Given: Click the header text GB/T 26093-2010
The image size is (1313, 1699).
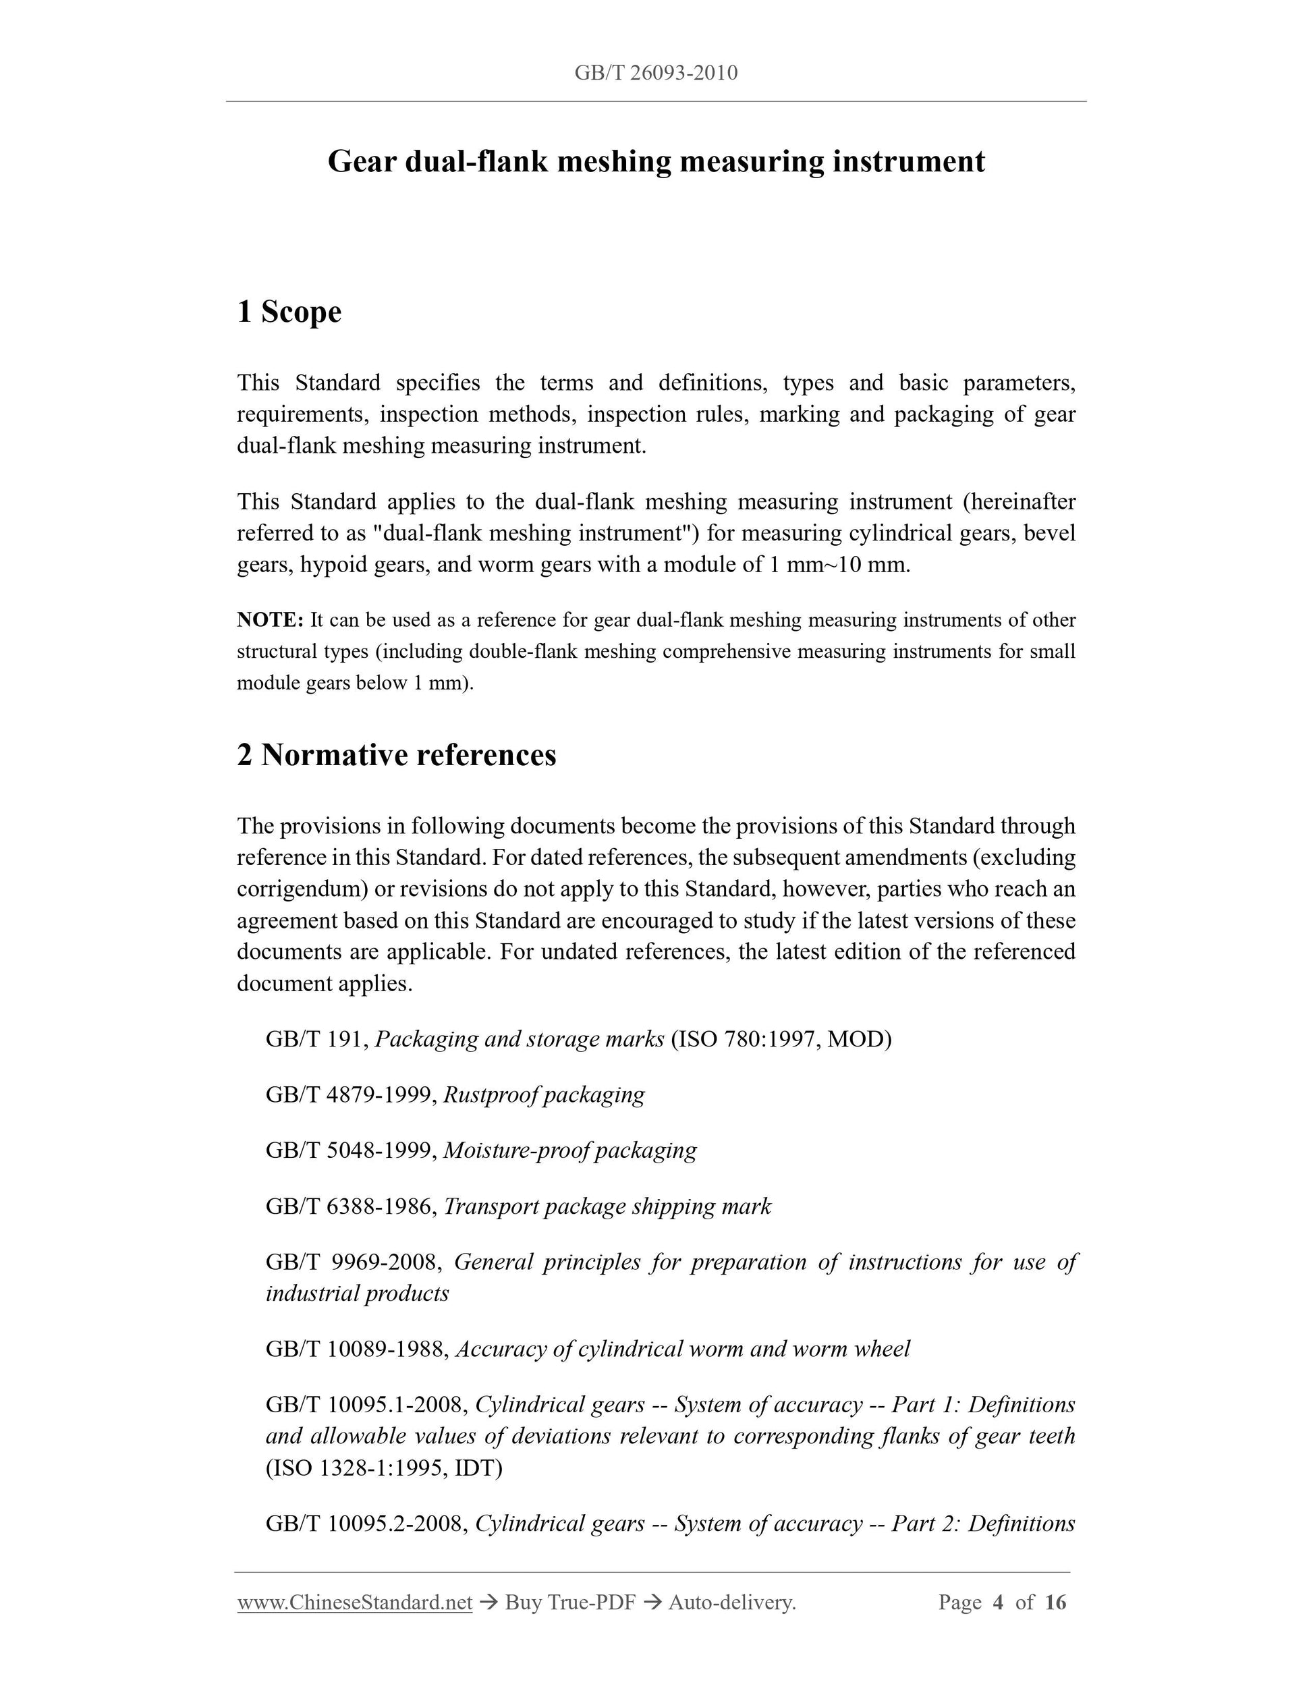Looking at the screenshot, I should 656,73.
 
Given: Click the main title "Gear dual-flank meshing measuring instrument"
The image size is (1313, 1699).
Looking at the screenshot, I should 656,162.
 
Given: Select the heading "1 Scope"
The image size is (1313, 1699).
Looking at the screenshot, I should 289,312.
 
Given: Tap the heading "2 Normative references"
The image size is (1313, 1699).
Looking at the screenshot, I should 397,755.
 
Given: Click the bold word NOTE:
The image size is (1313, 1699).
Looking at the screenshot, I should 270,620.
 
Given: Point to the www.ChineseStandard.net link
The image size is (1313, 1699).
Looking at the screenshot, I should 355,1602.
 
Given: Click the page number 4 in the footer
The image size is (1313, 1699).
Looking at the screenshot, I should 999,1602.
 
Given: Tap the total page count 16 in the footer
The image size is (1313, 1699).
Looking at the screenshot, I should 1055,1602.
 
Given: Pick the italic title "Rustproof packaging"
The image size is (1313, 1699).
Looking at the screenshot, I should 544,1094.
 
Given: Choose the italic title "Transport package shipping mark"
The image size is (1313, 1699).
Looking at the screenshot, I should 607,1206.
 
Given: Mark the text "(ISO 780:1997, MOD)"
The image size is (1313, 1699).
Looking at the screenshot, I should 781,1039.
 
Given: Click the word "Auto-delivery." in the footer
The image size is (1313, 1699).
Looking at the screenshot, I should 732,1602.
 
